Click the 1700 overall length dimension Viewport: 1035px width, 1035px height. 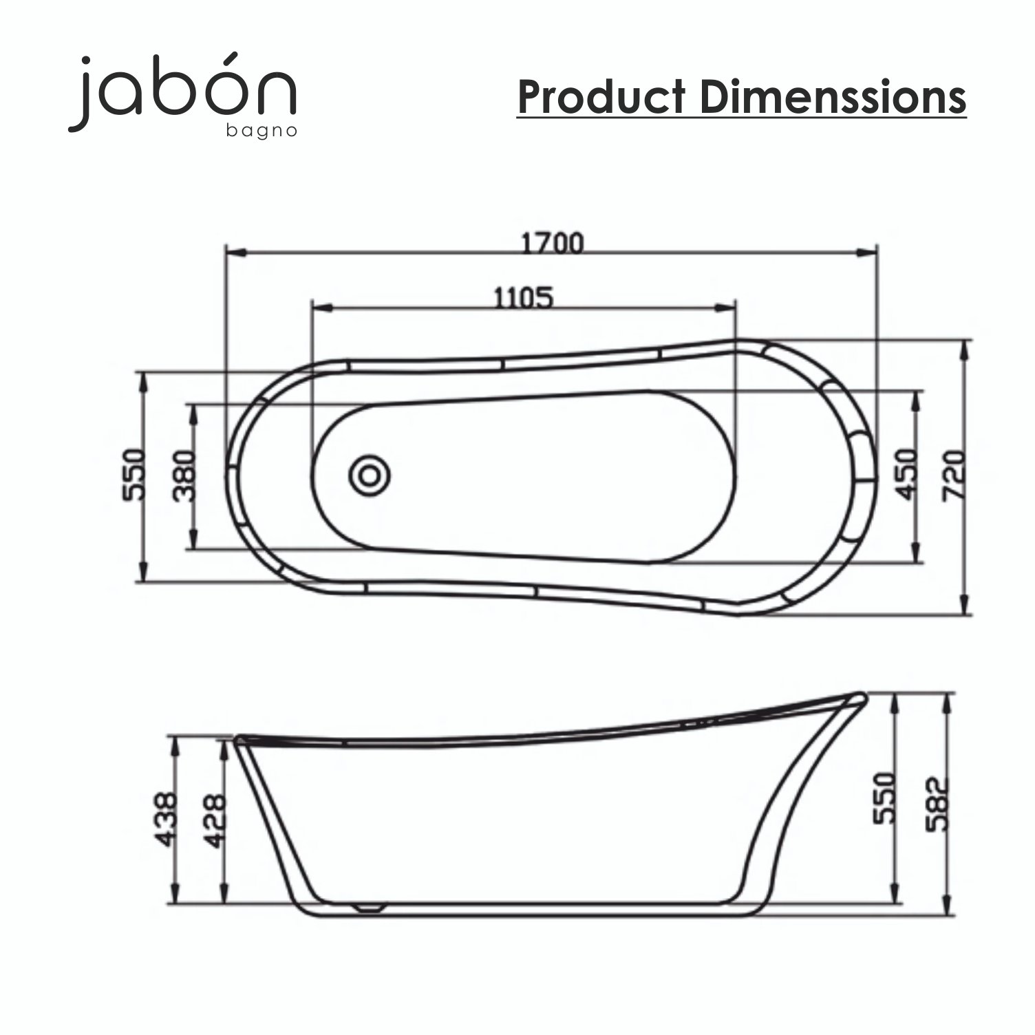coord(552,243)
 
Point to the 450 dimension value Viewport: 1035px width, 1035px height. coord(906,474)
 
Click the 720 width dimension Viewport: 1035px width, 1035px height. coord(953,474)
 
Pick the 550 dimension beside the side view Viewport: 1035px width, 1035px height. coord(884,798)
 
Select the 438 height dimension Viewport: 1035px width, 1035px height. coord(165,820)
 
